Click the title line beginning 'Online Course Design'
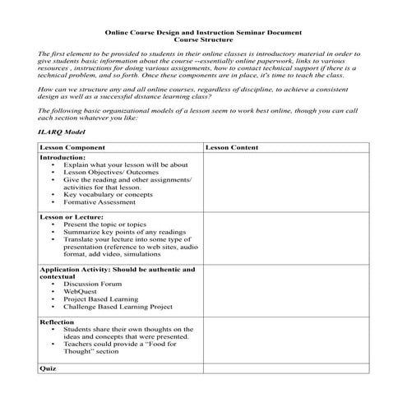coord(203,33)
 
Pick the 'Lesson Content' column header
coord(234,146)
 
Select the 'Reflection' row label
coord(58,322)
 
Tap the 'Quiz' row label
coord(48,368)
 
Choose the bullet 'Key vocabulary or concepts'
coord(108,194)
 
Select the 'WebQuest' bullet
coord(81,291)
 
